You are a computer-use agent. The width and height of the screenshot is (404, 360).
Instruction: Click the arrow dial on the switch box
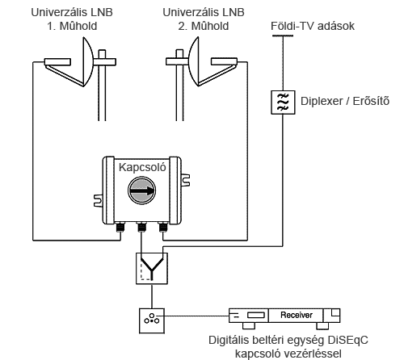(141, 190)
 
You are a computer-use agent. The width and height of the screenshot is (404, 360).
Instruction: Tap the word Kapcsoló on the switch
(142, 167)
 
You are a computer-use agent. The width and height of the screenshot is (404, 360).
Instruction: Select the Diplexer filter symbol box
(283, 103)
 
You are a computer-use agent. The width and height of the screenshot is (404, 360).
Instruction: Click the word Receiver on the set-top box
(297, 315)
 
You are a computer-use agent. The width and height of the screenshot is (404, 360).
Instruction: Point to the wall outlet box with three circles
(152, 320)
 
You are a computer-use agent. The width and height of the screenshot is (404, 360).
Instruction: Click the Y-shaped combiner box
(152, 268)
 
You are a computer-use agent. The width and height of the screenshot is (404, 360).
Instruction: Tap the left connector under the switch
(120, 227)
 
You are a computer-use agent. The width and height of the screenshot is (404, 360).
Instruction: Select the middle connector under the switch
(141, 227)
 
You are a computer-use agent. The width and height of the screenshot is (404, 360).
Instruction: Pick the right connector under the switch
(163, 227)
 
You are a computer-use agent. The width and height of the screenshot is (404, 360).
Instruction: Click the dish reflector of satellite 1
(87, 62)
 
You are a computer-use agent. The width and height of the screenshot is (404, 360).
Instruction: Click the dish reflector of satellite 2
(194, 62)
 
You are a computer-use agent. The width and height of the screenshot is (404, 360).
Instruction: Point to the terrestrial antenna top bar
(283, 36)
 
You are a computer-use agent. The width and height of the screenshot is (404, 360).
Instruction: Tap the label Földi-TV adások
(313, 26)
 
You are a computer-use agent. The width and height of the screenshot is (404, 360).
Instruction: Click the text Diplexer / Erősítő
(345, 101)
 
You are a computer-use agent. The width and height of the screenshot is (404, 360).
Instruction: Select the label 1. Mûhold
(72, 26)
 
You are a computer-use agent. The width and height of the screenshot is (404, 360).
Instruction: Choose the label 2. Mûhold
(204, 26)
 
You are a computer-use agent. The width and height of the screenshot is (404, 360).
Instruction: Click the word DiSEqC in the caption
(347, 340)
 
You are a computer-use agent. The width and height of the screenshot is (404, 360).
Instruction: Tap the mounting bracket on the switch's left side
(99, 201)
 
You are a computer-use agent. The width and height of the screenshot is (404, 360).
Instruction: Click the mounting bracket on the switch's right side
(185, 180)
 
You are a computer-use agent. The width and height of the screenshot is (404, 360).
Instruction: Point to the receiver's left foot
(249, 326)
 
